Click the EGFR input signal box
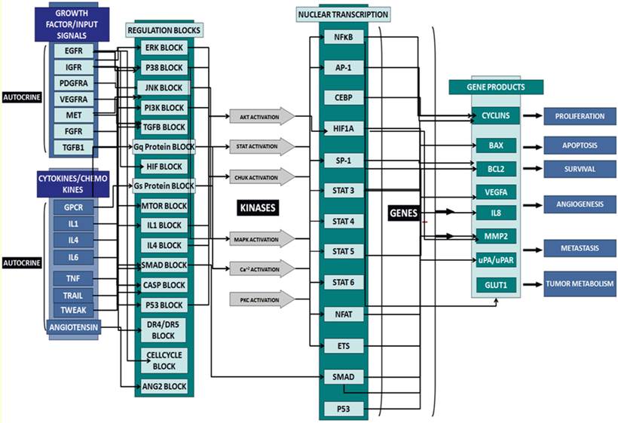[74, 51]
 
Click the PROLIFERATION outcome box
[580, 116]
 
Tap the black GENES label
[404, 213]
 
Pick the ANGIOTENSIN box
[73, 327]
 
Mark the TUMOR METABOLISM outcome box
[580, 284]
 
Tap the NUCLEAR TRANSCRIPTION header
[344, 14]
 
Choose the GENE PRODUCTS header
[497, 87]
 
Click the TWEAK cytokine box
[73, 308]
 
